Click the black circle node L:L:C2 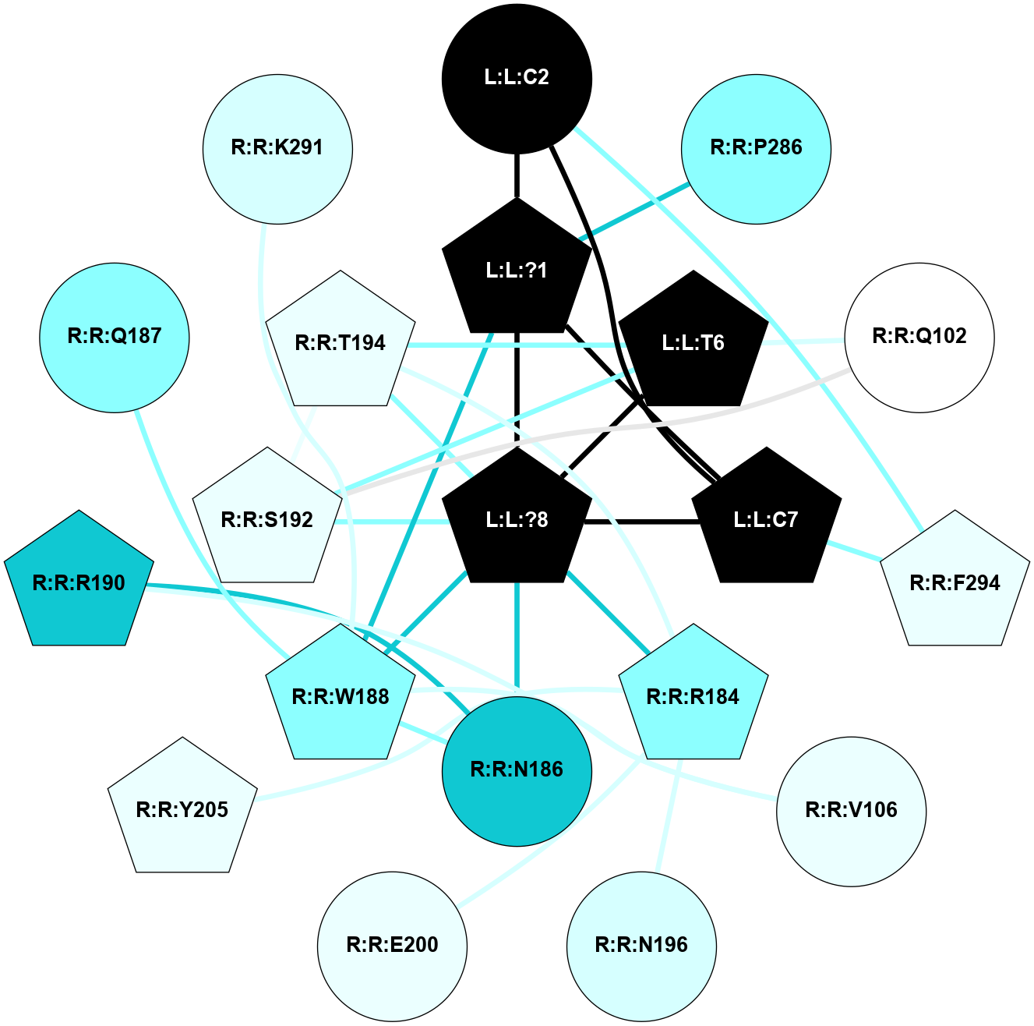(x=517, y=78)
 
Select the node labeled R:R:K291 (x=277, y=148)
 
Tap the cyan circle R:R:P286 (x=756, y=148)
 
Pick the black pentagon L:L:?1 (x=517, y=270)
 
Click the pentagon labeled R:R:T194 (x=341, y=343)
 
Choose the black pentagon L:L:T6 (x=693, y=343)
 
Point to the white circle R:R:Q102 (x=919, y=337)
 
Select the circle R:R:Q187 (x=115, y=337)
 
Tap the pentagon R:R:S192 (x=267, y=519)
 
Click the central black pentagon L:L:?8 (x=517, y=519)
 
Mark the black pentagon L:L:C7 (x=766, y=519)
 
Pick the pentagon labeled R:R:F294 (x=955, y=583)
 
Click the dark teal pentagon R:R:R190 (x=79, y=583)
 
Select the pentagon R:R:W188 (x=341, y=696)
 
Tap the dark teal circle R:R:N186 (x=517, y=770)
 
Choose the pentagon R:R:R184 (x=693, y=696)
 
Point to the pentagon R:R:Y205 (x=182, y=810)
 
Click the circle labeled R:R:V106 (x=851, y=810)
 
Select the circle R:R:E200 (x=392, y=945)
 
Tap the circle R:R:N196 (x=641, y=945)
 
